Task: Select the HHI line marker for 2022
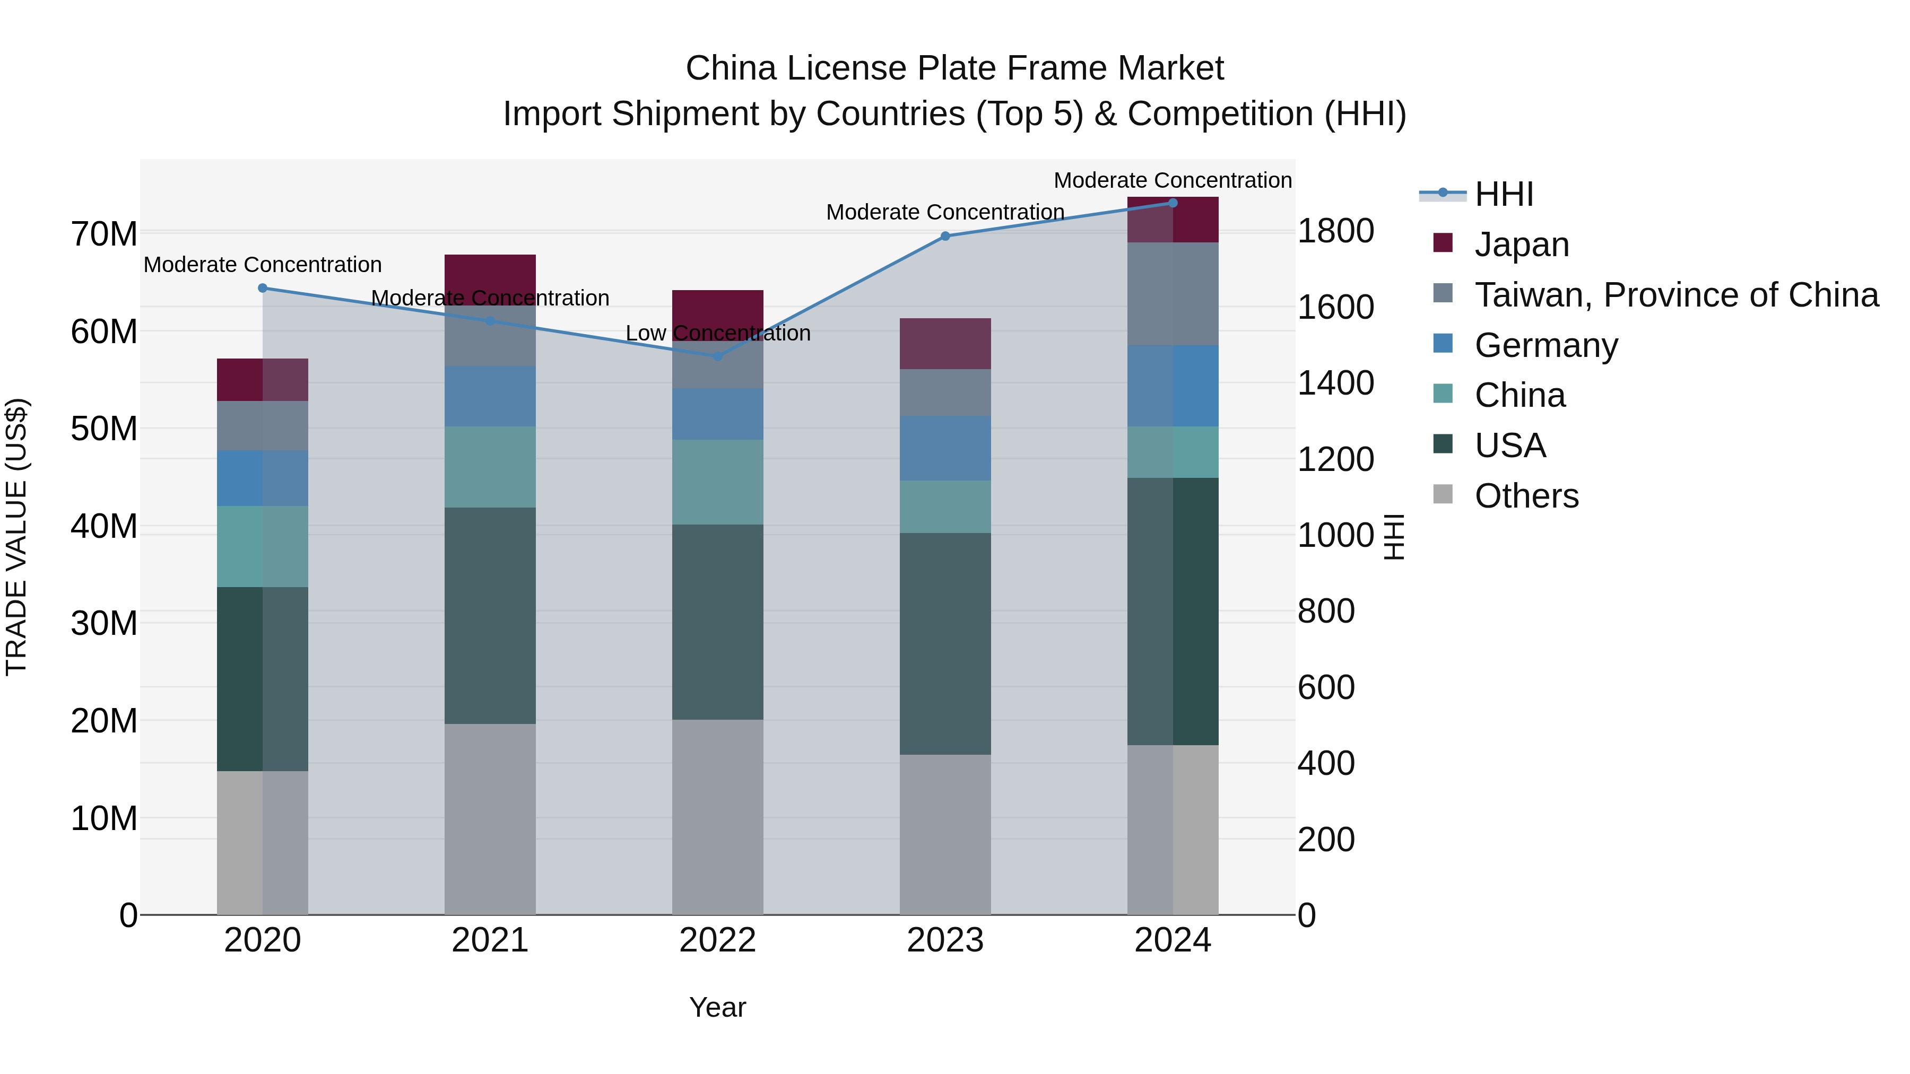(x=717, y=356)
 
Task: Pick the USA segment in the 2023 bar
(x=944, y=643)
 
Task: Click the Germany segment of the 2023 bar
(x=944, y=448)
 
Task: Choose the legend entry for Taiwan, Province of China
(x=1675, y=295)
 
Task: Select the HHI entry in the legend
(x=1504, y=194)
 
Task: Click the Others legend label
(x=1526, y=496)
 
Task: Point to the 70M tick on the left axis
(x=104, y=234)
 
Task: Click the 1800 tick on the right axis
(x=1335, y=231)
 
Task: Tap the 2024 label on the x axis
(x=1172, y=940)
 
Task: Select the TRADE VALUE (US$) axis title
(x=16, y=537)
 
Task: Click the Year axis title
(x=717, y=1007)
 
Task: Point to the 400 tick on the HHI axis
(x=1326, y=763)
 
